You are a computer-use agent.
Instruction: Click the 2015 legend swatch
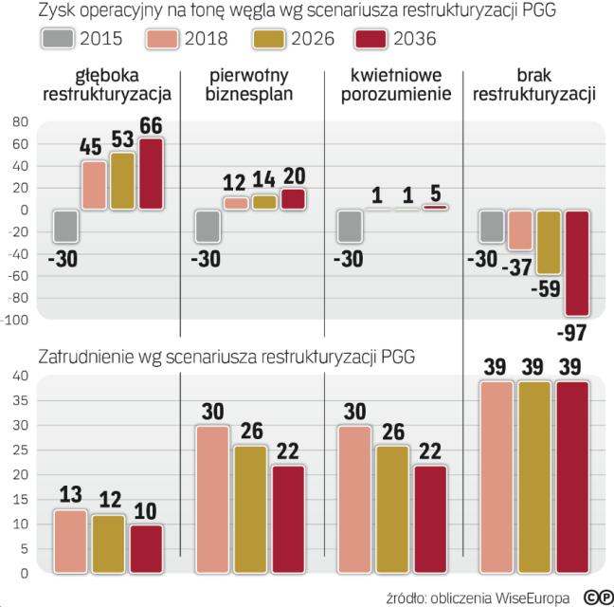click(x=59, y=39)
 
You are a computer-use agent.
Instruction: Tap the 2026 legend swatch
click(x=267, y=39)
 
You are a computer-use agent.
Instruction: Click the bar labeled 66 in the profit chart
click(x=151, y=174)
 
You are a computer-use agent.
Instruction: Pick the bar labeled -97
click(x=577, y=263)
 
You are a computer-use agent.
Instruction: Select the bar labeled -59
click(x=549, y=242)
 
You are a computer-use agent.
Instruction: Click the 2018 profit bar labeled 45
click(x=94, y=185)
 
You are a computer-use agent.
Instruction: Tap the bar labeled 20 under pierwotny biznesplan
click(x=294, y=199)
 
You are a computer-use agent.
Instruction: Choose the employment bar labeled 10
click(x=145, y=549)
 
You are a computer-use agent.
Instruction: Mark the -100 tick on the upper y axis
click(x=15, y=321)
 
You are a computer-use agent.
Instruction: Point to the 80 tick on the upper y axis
click(x=20, y=122)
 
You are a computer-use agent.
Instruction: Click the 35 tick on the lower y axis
click(x=19, y=401)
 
